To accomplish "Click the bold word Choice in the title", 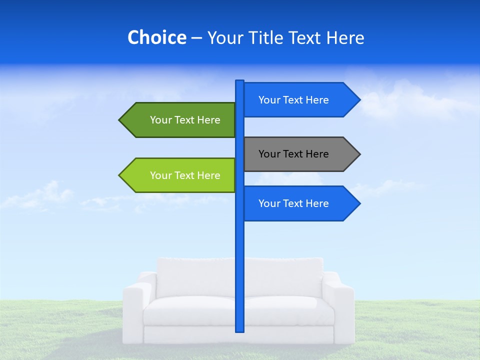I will coord(156,38).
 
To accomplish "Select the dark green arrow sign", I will coord(185,120).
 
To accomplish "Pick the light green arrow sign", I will coord(185,175).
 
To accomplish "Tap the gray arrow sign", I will coord(295,154).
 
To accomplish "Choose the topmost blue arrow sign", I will coord(295,100).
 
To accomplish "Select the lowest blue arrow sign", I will coord(295,203).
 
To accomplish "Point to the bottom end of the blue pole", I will coord(240,330).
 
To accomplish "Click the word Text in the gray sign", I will coord(293,154).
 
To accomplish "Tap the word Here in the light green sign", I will coord(208,175).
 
